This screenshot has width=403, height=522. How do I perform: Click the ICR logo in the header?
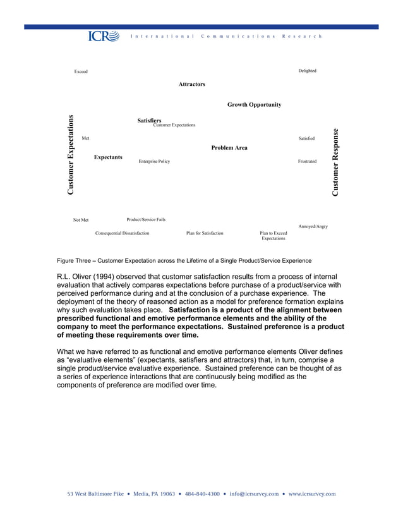[103, 36]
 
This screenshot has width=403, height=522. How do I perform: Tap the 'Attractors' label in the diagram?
[191, 84]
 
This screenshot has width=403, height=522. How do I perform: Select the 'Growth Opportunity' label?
[254, 105]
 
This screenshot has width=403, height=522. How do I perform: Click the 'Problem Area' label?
[229, 148]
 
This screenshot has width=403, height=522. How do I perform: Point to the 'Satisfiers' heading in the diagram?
[149, 120]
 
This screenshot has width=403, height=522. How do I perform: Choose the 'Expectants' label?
[108, 157]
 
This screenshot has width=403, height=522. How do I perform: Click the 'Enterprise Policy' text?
[154, 162]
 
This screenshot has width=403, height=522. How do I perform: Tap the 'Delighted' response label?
[307, 71]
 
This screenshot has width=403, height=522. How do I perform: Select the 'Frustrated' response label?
[307, 162]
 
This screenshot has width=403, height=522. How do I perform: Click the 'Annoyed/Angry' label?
[313, 226]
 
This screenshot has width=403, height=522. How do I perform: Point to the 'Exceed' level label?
[81, 71]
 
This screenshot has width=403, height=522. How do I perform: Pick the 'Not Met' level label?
[81, 220]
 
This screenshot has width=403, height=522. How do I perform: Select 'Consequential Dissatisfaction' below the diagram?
[122, 233]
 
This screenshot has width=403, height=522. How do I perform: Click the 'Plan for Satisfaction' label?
[205, 233]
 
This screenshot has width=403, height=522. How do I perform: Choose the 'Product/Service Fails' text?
[146, 219]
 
